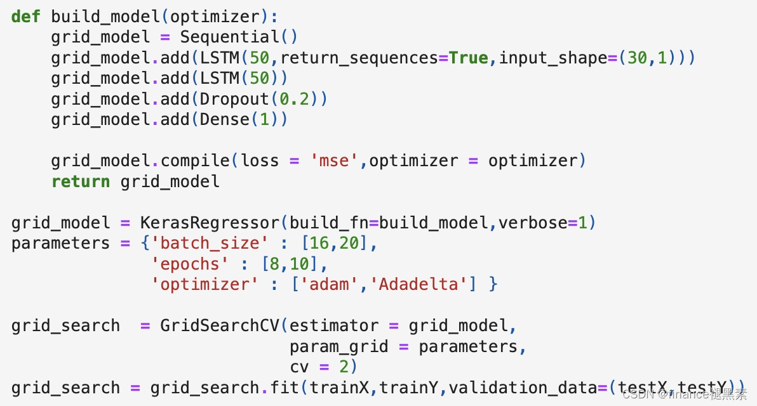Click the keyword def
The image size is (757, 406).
[26, 16]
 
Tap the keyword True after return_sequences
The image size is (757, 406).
[469, 58]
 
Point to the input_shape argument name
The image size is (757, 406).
[553, 58]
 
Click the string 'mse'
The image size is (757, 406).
[334, 161]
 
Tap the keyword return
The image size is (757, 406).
[81, 182]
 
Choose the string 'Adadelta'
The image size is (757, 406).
[419, 284]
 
